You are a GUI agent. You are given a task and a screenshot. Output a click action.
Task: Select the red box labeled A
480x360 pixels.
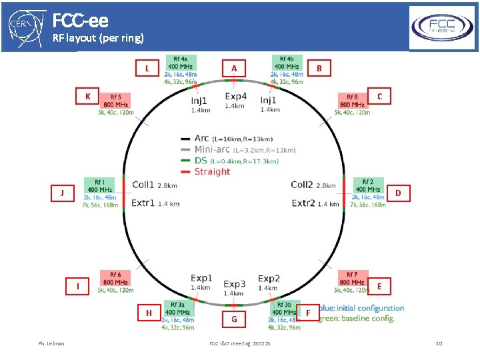tap(233, 68)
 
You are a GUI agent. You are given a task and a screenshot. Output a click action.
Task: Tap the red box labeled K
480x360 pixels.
tap(87, 97)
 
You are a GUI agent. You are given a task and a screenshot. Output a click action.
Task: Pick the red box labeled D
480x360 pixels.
tap(398, 193)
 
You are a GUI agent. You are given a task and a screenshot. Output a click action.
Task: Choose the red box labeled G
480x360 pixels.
tap(234, 319)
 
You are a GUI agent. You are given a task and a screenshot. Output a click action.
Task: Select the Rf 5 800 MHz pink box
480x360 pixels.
tap(115, 101)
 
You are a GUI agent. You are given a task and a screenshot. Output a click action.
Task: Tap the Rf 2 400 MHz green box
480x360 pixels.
tap(367, 185)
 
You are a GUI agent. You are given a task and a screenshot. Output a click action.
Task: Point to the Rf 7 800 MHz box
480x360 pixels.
tap(353, 278)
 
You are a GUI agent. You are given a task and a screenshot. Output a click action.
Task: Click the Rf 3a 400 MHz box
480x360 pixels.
tap(178, 308)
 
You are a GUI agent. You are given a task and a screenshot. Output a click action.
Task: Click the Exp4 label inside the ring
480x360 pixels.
tap(235, 97)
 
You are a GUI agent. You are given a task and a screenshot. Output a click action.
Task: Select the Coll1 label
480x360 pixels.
tap(143, 185)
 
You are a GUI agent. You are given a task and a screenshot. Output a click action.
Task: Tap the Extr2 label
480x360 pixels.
tap(304, 203)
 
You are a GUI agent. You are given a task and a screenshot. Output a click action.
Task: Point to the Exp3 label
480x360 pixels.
tap(235, 284)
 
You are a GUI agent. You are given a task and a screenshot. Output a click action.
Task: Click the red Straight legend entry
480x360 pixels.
tap(212, 171)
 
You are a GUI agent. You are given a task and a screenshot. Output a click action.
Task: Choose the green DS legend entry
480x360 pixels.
tap(200, 161)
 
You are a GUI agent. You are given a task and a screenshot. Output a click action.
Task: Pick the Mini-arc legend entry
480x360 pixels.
tap(212, 149)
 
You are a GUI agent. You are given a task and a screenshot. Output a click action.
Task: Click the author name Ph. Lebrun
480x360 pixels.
tap(51, 343)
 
